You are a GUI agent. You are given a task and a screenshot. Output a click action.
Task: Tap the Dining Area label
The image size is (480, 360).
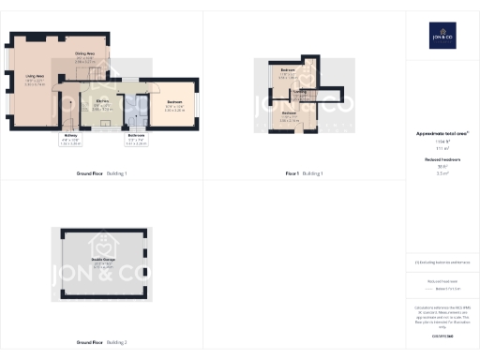tap(85, 57)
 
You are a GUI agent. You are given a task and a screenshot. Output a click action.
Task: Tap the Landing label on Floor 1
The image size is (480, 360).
tap(299, 94)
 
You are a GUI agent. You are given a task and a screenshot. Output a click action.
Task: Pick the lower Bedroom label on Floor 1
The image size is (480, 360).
tap(290, 116)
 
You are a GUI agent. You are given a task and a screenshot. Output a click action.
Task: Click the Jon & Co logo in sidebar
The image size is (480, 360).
tap(442, 35)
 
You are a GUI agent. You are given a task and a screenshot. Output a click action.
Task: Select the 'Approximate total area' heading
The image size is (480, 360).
tap(442, 134)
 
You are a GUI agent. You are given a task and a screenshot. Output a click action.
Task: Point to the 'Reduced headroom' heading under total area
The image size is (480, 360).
tap(442, 160)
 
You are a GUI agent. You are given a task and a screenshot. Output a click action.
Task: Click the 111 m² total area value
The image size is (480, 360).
tap(442, 148)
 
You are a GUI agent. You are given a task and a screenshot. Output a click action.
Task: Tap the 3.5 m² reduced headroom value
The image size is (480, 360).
tap(442, 173)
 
